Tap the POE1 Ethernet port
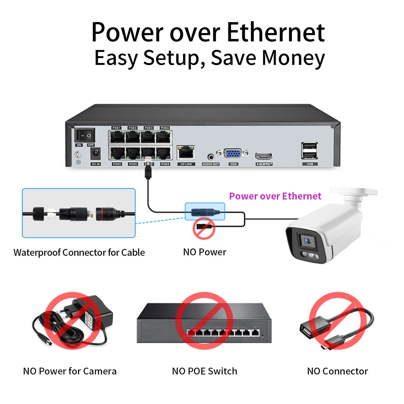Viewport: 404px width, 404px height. coord(117,137)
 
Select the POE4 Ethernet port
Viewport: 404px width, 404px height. coord(164,137)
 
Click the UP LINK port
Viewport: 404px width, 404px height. coord(186,153)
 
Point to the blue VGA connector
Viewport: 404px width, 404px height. coord(233,153)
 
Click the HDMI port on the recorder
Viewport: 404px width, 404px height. coord(264,156)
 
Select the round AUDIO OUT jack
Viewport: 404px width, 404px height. coord(211,157)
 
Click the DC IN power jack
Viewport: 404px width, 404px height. coord(96,153)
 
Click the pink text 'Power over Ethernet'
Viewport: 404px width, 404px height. coord(275,196)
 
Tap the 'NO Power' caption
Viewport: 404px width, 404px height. coord(204,252)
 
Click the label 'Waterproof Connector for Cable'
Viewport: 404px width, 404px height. coord(79,252)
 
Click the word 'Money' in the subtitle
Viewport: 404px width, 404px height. coord(293,58)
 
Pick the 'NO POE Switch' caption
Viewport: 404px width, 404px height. coord(204,371)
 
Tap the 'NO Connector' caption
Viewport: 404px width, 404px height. coord(337,371)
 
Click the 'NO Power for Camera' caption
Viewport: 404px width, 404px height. coord(70,371)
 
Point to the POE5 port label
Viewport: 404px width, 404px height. coord(117,164)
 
